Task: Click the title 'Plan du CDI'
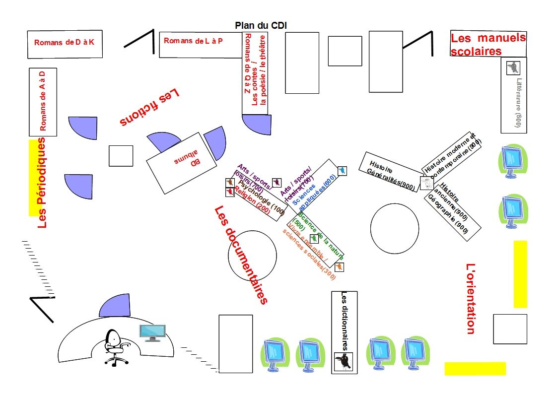click(261, 25)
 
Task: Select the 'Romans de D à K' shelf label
click(64, 43)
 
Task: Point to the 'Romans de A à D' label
click(43, 101)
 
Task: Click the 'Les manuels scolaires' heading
click(487, 44)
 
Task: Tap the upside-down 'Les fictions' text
click(149, 107)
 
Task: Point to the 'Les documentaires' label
click(241, 255)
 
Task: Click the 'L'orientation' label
click(471, 298)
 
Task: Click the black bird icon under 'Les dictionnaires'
click(344, 361)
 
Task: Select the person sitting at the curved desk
click(114, 347)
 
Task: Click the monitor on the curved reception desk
click(152, 332)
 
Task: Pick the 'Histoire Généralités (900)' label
click(392, 176)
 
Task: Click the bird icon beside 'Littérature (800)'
click(512, 67)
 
